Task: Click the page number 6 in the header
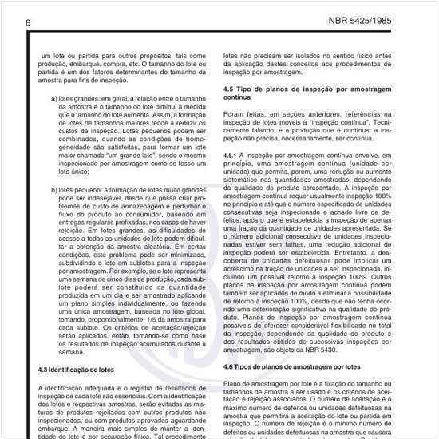[x=28, y=22]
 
